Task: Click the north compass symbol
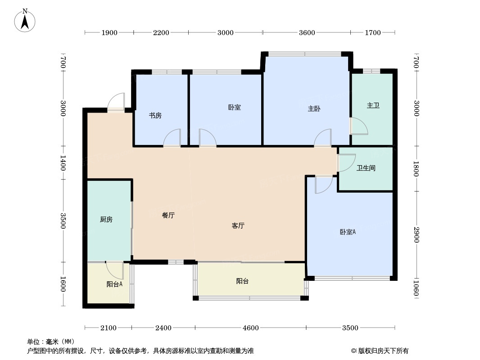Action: point(26,20)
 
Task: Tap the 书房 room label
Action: point(155,116)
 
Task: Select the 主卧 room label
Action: point(314,108)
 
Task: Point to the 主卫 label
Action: point(373,105)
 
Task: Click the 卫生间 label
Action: point(366,168)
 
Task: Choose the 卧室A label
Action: point(348,232)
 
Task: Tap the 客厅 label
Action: point(238,226)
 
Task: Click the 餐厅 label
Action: point(168,216)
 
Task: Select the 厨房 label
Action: point(106,220)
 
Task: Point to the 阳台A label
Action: point(114,284)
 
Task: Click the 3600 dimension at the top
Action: point(307,32)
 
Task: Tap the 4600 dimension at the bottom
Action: point(251,328)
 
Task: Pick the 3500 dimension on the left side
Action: point(63,220)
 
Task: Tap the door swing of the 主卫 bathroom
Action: point(359,126)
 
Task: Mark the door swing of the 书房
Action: point(172,138)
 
